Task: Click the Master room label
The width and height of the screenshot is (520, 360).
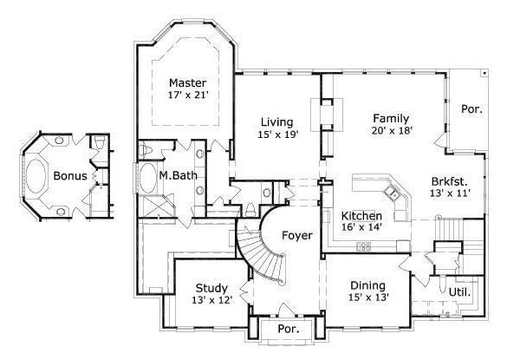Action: [x=187, y=83]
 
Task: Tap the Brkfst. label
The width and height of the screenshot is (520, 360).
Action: [x=449, y=181]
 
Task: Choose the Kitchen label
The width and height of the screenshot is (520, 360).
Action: [x=361, y=215]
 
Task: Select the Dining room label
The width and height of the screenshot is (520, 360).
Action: [x=368, y=285]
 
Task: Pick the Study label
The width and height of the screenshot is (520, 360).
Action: [x=211, y=288]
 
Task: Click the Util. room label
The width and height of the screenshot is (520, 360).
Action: [x=459, y=292]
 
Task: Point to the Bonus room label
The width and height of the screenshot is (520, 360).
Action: [x=69, y=175]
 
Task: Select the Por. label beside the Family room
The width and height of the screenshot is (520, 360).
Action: [x=471, y=109]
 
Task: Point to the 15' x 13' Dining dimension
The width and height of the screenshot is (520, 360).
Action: [x=368, y=298]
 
